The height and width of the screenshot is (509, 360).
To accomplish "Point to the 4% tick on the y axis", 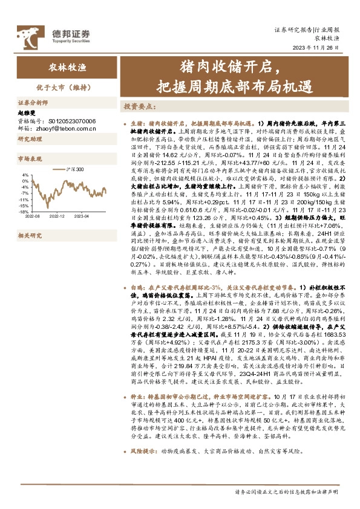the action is [25, 175].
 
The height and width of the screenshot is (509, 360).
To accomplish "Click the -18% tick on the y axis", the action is [24, 212].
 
